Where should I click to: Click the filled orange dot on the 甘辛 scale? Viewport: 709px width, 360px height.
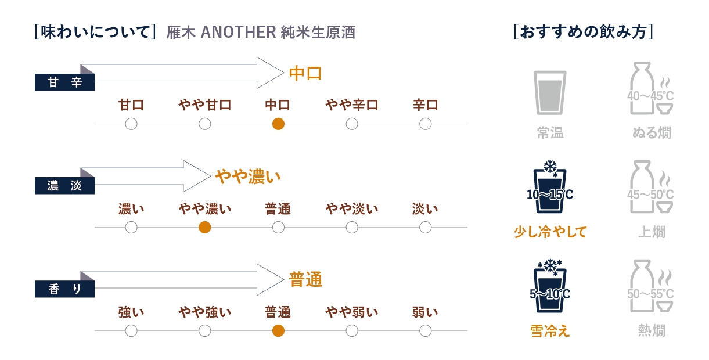point(278,124)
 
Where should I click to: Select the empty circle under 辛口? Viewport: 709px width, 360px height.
point(425,124)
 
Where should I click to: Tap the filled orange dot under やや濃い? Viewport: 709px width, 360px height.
point(204,227)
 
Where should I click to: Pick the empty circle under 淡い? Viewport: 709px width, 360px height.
point(425,227)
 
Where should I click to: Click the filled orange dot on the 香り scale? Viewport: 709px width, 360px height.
point(278,331)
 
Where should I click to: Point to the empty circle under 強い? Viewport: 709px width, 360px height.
point(131,331)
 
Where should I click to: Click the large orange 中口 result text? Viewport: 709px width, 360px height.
point(305,74)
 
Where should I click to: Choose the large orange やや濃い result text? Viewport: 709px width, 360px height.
point(248,177)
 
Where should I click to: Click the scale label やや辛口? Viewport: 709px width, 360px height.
point(352,105)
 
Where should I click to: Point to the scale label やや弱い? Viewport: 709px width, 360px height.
point(352,312)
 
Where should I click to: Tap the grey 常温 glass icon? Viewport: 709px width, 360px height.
point(549,91)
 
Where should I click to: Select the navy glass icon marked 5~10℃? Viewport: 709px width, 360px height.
point(549,287)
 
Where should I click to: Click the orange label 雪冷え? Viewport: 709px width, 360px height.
point(550,331)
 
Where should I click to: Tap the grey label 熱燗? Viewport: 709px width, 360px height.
point(651,331)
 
